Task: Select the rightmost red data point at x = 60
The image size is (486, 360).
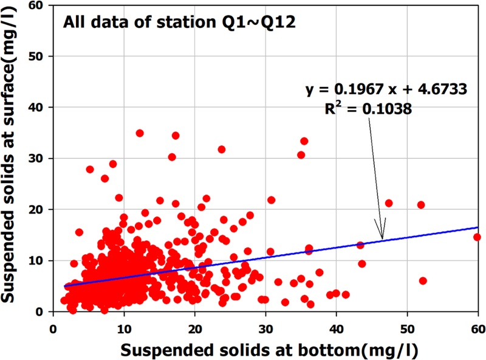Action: pos(477,237)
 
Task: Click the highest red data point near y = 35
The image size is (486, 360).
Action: pos(140,133)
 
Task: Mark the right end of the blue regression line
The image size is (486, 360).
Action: pos(477,227)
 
